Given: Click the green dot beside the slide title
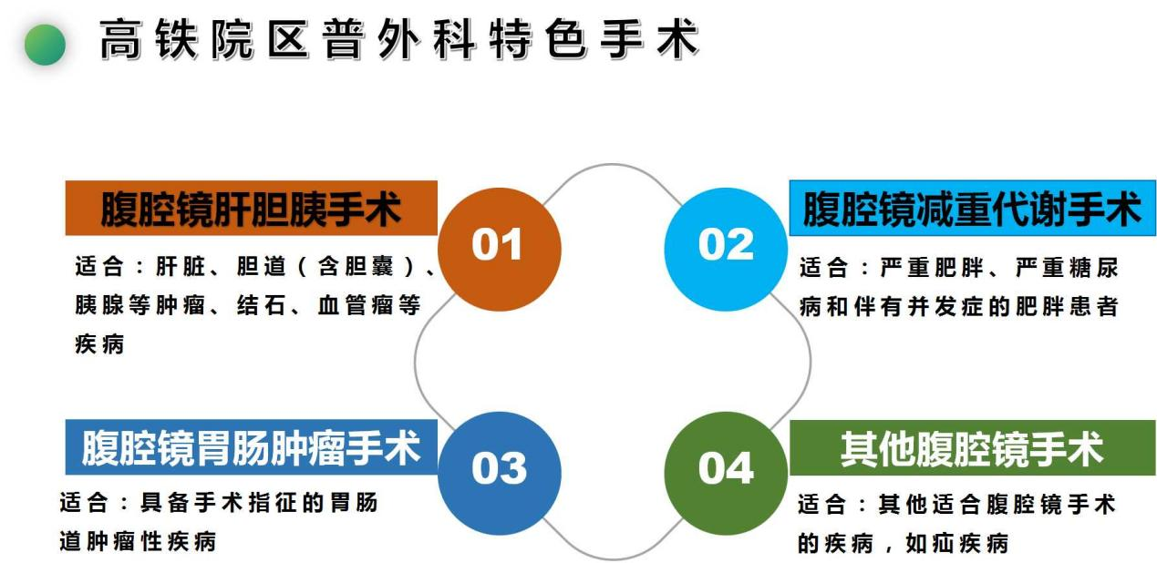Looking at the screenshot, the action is point(45,45).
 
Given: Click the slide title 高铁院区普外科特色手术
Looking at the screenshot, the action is point(398,39).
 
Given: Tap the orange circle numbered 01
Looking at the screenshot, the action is point(500,249).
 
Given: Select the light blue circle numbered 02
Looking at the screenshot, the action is point(727,249).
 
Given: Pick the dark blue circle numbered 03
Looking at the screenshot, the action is point(500,473).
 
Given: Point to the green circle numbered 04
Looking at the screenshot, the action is point(727,473).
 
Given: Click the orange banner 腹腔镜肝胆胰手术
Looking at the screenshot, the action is point(251,208).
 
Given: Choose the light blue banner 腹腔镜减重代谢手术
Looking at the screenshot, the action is point(972,208).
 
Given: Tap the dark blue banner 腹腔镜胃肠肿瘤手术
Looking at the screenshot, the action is point(251,447).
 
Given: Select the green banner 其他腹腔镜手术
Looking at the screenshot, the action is point(972,447).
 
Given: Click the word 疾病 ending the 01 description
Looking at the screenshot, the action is point(99,343).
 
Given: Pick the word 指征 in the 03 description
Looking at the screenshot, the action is point(274,503).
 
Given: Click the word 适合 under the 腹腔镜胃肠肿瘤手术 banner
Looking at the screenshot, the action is point(84,503).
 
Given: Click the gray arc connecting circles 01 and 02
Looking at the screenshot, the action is point(613,165).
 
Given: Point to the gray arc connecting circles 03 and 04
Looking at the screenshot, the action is point(613,558).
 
